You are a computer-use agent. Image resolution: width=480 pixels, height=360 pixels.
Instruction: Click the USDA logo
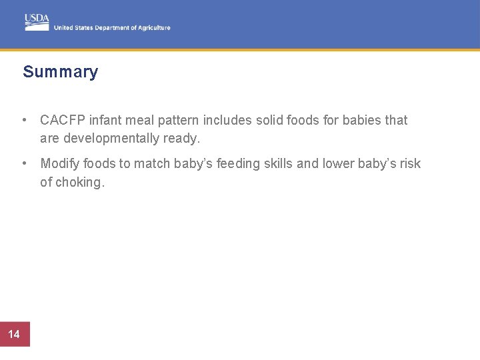37,21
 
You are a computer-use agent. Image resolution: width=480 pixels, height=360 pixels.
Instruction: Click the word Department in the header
113,28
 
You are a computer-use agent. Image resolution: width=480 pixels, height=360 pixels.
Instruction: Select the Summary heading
60,72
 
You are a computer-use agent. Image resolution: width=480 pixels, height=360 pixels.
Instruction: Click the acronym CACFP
61,121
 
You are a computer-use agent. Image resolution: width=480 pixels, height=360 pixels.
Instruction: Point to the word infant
103,121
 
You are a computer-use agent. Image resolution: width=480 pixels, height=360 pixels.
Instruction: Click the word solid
270,121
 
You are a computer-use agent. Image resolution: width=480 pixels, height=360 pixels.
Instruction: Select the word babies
362,121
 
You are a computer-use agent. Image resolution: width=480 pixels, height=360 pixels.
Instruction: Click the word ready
183,139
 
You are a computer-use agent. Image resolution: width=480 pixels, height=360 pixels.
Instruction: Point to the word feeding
239,164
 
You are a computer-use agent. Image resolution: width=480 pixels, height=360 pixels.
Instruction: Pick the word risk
409,164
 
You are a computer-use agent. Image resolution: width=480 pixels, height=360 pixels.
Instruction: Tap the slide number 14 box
15,334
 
